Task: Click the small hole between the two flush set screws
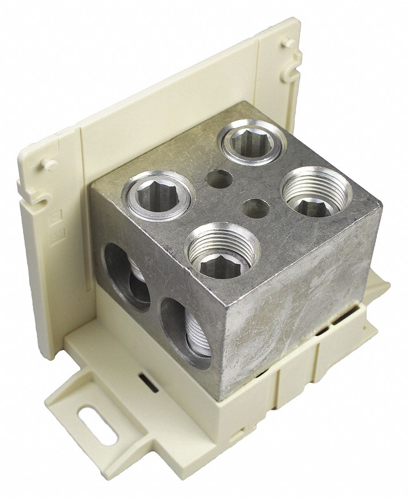tap(219, 179)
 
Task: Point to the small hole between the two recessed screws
tap(256, 208)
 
